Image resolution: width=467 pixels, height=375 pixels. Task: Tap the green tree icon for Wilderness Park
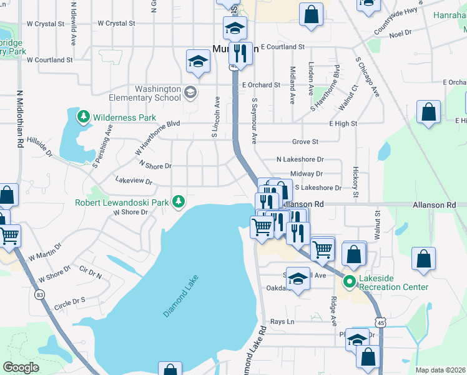click(x=83, y=116)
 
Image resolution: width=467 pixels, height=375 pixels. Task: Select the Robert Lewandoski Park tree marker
click(x=179, y=201)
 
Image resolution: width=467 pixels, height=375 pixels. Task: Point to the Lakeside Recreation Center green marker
click(x=349, y=282)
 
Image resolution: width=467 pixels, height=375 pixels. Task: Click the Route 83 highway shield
click(x=40, y=294)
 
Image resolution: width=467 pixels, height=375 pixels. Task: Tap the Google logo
click(x=21, y=367)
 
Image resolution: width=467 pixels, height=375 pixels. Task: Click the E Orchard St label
click(x=261, y=84)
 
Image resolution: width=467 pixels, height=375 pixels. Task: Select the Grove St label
click(x=305, y=142)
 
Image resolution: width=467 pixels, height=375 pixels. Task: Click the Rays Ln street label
click(x=282, y=322)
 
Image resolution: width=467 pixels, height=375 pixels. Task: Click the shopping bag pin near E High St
click(x=429, y=113)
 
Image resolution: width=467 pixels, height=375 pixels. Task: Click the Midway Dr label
click(x=306, y=174)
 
